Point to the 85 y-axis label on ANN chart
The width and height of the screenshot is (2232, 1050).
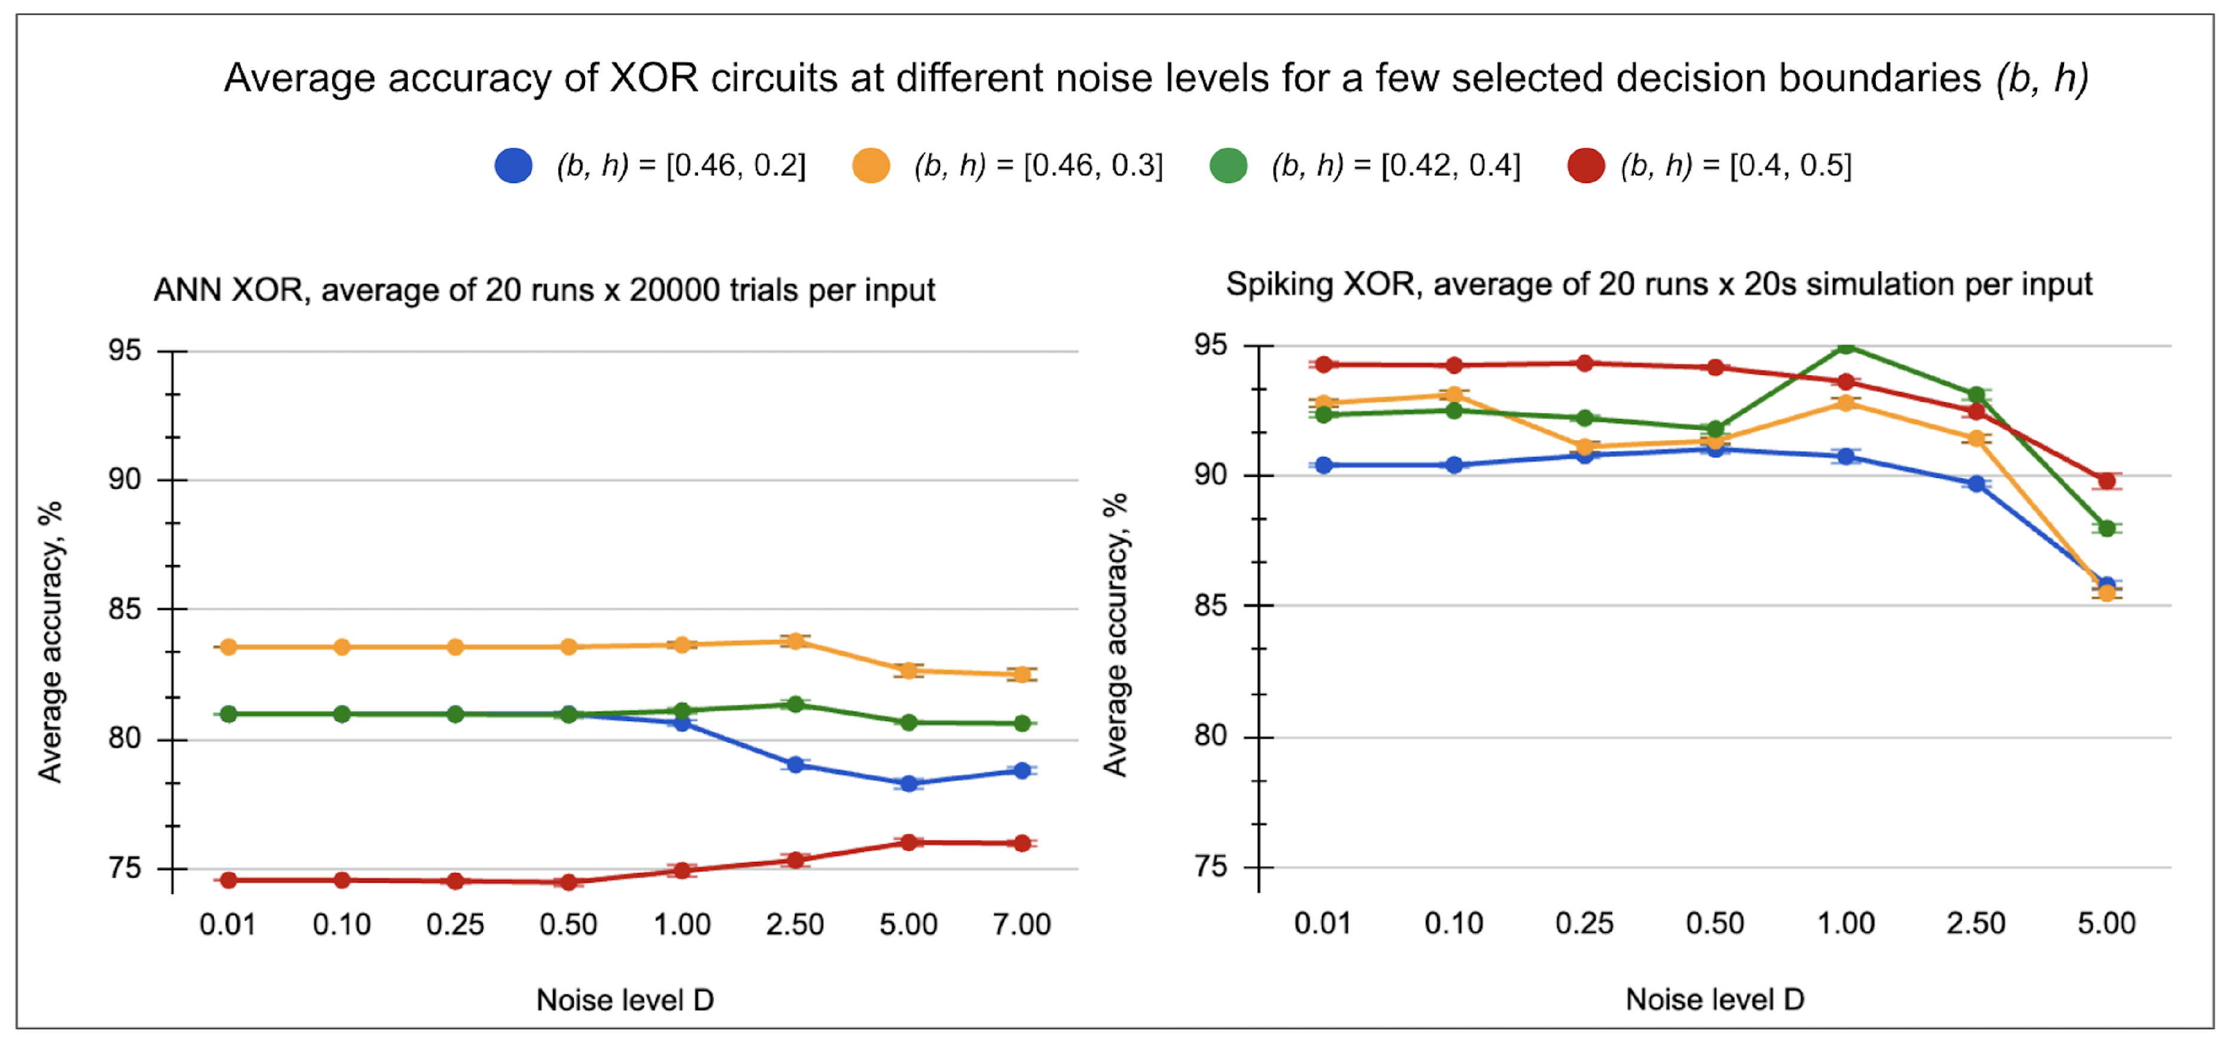pyautogui.click(x=124, y=609)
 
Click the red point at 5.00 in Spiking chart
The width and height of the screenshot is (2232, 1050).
pyautogui.click(x=2107, y=481)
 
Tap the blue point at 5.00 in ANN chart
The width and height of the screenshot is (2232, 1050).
pyautogui.click(x=909, y=783)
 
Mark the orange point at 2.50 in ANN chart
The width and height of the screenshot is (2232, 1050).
pyautogui.click(x=795, y=641)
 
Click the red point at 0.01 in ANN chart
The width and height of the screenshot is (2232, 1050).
pyautogui.click(x=229, y=880)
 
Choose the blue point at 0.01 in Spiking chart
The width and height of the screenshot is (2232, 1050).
pyautogui.click(x=1323, y=465)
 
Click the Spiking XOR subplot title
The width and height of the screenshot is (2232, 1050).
pyautogui.click(x=1658, y=284)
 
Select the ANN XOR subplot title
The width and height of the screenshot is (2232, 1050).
pyautogui.click(x=544, y=289)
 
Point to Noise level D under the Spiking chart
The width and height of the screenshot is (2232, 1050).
pyautogui.click(x=1714, y=999)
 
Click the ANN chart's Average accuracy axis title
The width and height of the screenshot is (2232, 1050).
pyautogui.click(x=50, y=641)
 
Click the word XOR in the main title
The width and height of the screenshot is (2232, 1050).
pyautogui.click(x=654, y=78)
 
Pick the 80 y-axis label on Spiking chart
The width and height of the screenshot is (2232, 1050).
pyautogui.click(x=1211, y=736)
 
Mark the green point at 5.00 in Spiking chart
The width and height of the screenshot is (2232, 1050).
pyautogui.click(x=2107, y=528)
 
